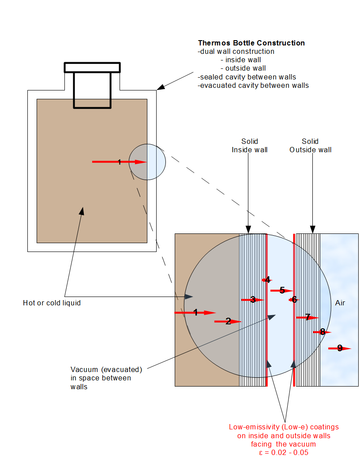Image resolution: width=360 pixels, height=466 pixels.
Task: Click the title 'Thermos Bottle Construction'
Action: (x=251, y=43)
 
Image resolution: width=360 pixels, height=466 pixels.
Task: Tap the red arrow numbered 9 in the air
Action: (x=340, y=349)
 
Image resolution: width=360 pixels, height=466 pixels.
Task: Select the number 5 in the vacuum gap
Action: (x=282, y=290)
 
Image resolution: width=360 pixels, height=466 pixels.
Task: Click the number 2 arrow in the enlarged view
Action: (x=228, y=321)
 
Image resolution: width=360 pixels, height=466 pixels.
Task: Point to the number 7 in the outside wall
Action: (x=308, y=317)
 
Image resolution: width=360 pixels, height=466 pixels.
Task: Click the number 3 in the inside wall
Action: (x=253, y=300)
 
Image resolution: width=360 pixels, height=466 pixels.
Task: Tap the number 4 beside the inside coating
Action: (x=267, y=280)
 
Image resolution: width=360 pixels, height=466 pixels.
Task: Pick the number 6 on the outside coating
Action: (x=294, y=300)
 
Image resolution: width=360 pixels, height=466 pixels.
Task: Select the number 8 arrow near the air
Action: (x=322, y=332)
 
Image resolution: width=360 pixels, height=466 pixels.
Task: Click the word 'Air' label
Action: (x=340, y=303)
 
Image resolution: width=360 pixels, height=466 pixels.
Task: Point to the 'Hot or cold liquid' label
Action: (x=52, y=303)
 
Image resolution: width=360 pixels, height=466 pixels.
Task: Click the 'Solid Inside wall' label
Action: (x=250, y=146)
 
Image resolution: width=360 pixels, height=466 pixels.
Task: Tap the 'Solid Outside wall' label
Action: (x=310, y=146)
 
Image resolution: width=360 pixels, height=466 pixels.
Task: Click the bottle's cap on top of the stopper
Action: (x=92, y=68)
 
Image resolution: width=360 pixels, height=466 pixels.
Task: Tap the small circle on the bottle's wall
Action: (x=147, y=162)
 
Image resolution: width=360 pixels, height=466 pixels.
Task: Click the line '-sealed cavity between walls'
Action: (x=247, y=77)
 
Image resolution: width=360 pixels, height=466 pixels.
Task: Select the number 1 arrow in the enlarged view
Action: (x=195, y=312)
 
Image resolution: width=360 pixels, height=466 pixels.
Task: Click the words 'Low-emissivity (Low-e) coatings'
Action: (x=284, y=427)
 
